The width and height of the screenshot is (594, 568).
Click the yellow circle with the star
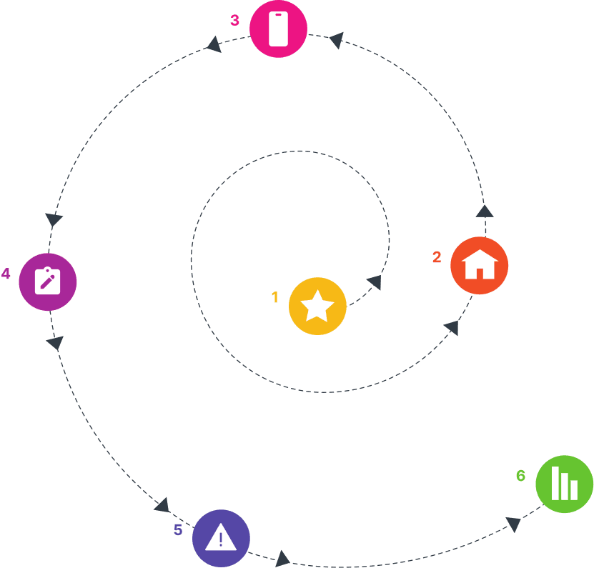pyautogui.click(x=317, y=306)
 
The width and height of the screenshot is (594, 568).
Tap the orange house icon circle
pyautogui.click(x=480, y=265)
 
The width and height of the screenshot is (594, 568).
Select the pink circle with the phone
pyautogui.click(x=278, y=29)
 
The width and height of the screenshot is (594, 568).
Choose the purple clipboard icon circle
pyautogui.click(x=47, y=281)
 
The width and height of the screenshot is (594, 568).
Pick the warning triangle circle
pyautogui.click(x=221, y=538)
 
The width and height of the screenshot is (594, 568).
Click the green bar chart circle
pyautogui.click(x=564, y=484)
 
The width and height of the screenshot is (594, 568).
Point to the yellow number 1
pyautogui.click(x=274, y=297)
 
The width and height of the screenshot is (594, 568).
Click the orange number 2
pyautogui.click(x=437, y=256)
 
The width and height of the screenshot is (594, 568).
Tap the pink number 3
pyautogui.click(x=234, y=20)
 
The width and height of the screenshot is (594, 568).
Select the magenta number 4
pyautogui.click(x=6, y=273)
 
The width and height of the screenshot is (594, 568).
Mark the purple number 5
pyautogui.click(x=178, y=529)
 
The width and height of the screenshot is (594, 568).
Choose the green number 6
pyautogui.click(x=520, y=475)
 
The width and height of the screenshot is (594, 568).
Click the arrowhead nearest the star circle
pyautogui.click(x=374, y=282)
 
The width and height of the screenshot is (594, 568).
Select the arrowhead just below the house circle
pyautogui.click(x=451, y=327)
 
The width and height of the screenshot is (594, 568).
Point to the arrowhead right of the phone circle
pyautogui.click(x=335, y=40)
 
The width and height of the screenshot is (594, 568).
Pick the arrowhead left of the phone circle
pyautogui.click(x=213, y=44)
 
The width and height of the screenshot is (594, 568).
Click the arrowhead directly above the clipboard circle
pyautogui.click(x=54, y=220)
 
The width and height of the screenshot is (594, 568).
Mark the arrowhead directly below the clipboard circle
pyautogui.click(x=55, y=343)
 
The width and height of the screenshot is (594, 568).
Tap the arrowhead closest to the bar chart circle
pyautogui.click(x=513, y=524)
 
